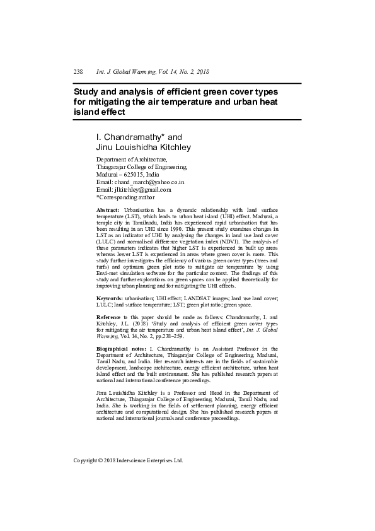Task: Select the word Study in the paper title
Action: [x=88, y=91]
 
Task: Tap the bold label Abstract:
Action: [x=108, y=209]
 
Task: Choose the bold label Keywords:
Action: [x=110, y=297]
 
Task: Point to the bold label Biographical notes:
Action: [x=120, y=348]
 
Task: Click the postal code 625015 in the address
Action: [x=134, y=174]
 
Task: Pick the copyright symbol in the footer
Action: [x=103, y=460]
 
